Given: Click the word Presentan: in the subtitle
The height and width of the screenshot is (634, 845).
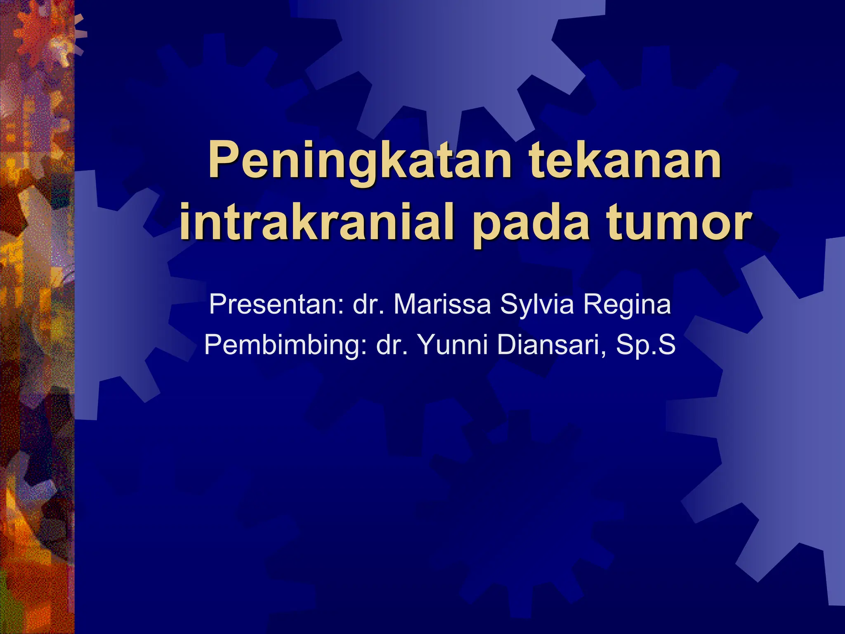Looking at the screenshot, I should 276,305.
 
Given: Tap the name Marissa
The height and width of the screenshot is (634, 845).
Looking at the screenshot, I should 442,305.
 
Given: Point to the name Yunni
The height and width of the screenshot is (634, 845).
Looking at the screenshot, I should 454,345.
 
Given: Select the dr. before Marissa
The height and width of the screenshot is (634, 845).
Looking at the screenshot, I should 368,305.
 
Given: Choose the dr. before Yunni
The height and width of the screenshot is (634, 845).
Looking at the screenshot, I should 392,345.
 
